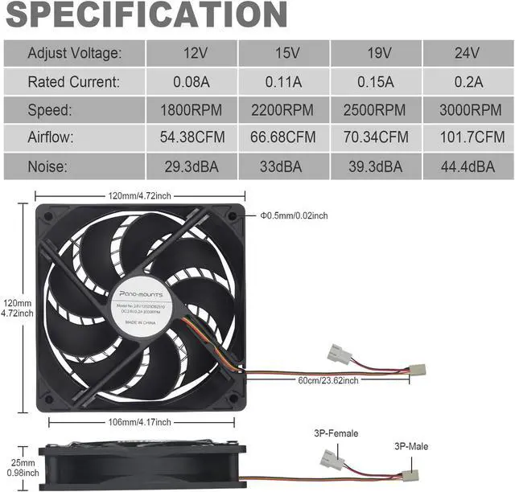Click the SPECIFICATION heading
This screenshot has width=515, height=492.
(146, 15)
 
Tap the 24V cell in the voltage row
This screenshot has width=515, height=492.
(468, 53)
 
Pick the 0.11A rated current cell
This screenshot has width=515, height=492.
(284, 81)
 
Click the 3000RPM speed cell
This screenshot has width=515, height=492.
(468, 109)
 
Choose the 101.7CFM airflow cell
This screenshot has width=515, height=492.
(468, 137)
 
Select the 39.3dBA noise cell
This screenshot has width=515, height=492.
(377, 166)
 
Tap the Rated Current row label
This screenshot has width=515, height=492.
(74, 81)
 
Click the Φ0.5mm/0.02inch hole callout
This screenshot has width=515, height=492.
(294, 215)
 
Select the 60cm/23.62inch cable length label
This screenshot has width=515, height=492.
(328, 380)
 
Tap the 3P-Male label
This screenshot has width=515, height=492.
(412, 446)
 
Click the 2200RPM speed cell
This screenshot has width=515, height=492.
(284, 109)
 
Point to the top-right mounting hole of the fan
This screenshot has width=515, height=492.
(233, 215)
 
